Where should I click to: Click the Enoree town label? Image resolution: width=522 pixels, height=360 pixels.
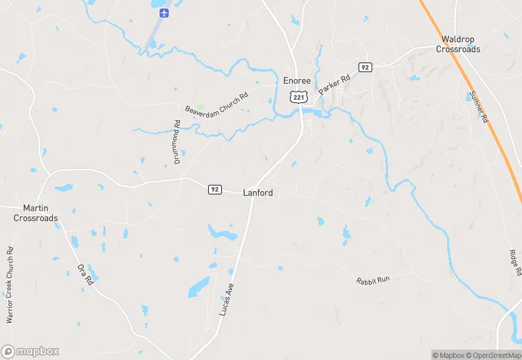[x=297, y=80]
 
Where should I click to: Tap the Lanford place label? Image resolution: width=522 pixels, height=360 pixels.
[x=258, y=193]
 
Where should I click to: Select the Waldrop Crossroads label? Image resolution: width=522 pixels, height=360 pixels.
[x=458, y=44]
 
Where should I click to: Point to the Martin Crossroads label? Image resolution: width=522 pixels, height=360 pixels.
[x=36, y=213]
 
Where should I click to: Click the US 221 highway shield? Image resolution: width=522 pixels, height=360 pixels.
[x=297, y=98]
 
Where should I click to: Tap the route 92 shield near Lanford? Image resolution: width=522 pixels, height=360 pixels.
[x=215, y=190]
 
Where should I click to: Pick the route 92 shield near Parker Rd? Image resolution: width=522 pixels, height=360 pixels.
[x=365, y=67]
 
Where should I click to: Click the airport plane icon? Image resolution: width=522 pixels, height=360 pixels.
[x=163, y=12]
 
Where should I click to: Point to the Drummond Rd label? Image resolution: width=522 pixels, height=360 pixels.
[x=177, y=142]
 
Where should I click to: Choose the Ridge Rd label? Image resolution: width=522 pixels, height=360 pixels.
[x=516, y=262]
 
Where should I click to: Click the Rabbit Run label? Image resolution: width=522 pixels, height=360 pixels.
[x=373, y=280]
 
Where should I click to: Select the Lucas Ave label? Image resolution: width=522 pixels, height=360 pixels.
[x=227, y=299]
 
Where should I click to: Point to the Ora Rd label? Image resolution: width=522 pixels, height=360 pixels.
[x=85, y=274]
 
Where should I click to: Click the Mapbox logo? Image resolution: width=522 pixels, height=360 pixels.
[x=30, y=351]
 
